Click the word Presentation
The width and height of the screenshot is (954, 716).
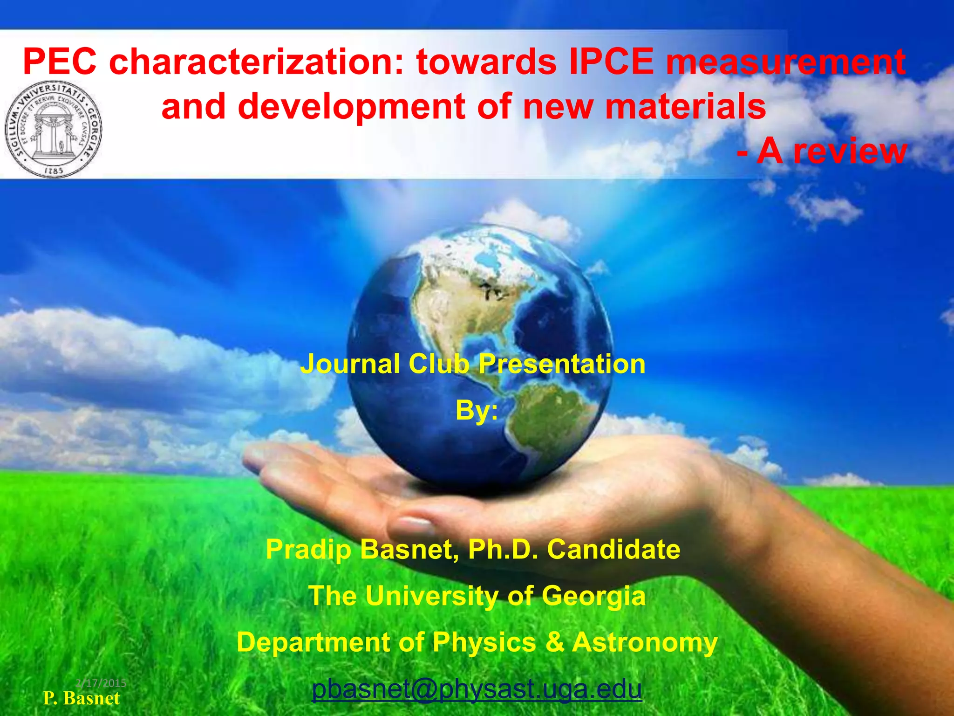[562, 364]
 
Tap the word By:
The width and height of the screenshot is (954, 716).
[477, 410]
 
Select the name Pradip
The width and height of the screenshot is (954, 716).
[308, 549]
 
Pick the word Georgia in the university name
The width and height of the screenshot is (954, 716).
[594, 596]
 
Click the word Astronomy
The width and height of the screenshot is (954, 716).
[645, 642]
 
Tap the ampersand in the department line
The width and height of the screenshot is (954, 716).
[554, 642]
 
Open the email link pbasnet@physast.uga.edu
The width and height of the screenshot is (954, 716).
[477, 689]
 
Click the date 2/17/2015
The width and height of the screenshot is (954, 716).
[101, 683]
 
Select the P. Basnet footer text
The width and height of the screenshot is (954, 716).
[82, 698]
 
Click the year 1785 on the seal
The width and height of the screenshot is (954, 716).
[55, 171]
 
